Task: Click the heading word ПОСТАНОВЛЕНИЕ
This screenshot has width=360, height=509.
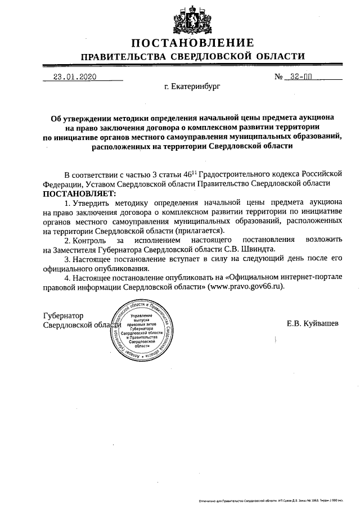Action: [x=193, y=43]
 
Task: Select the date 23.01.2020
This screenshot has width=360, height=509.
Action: [x=71, y=78]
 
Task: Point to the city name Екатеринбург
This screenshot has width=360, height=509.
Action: [x=193, y=88]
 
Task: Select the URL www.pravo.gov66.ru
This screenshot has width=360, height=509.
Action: [x=246, y=286]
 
